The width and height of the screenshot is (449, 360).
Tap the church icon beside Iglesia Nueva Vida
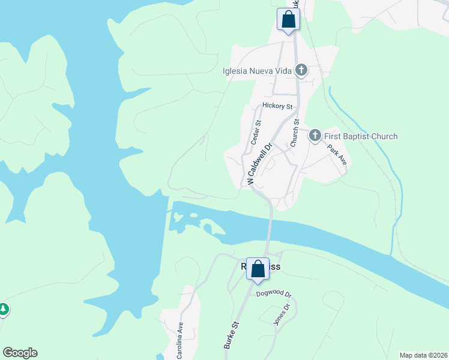click(x=301, y=71)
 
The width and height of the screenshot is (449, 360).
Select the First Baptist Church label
click(x=361, y=136)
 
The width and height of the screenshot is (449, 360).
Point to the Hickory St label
click(x=277, y=106)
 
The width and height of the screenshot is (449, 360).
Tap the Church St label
click(x=295, y=133)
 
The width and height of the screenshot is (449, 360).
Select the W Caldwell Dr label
click(x=259, y=163)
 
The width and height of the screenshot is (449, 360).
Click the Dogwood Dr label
click(x=273, y=295)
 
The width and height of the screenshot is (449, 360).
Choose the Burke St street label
click(x=232, y=335)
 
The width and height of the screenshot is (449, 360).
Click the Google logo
click(x=20, y=353)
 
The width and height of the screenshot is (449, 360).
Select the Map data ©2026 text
click(x=423, y=355)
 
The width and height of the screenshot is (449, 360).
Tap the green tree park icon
click(x=4, y=310)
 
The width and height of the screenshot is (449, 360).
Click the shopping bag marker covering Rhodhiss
click(x=258, y=269)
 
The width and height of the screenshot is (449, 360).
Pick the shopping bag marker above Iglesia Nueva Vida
click(x=288, y=19)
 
